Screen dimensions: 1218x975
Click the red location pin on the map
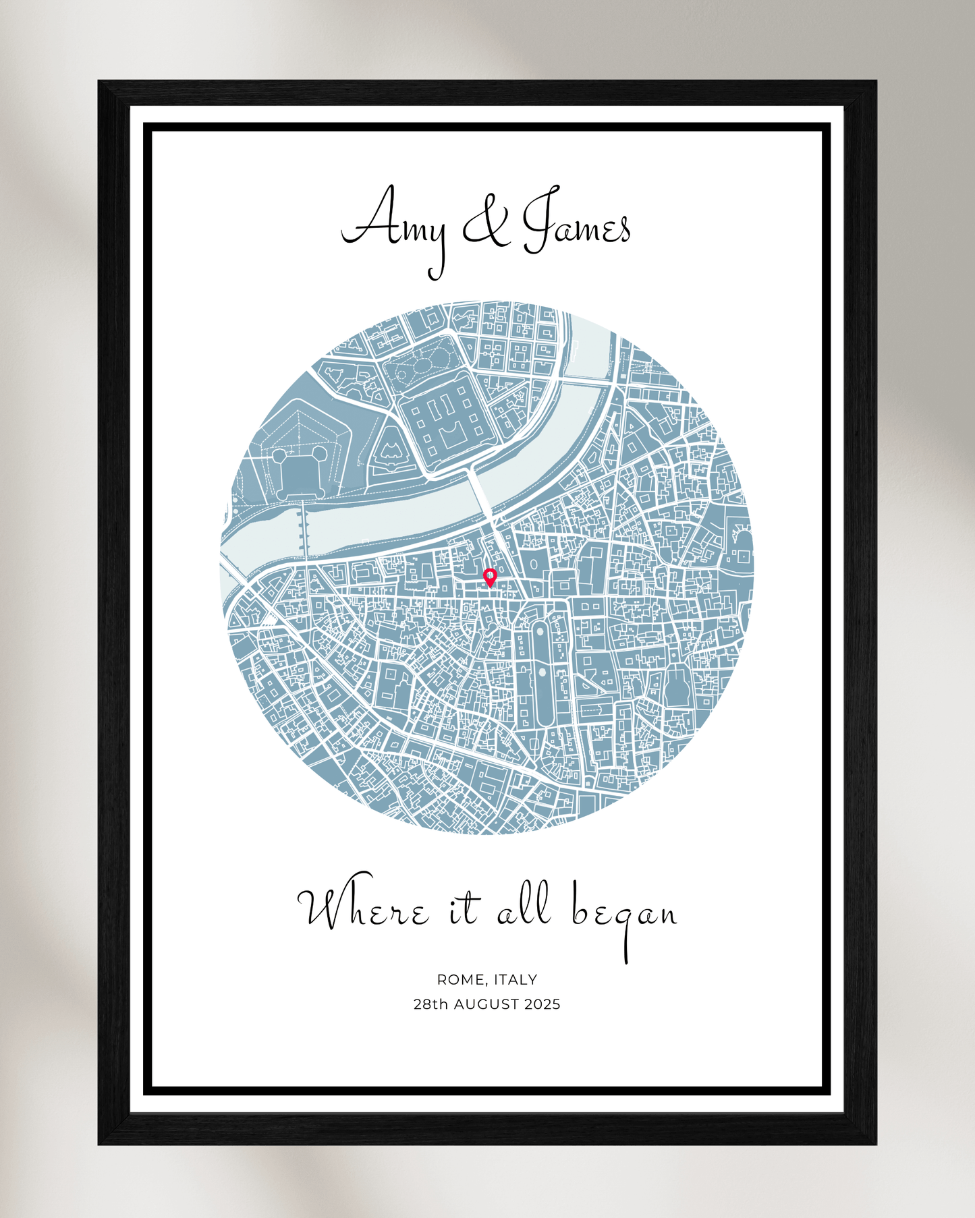tap(490, 577)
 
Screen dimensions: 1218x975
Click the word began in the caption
tap(624, 914)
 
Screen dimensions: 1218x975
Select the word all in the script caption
tap(525, 907)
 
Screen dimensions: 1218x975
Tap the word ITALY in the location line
tap(516, 979)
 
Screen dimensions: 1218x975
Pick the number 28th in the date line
tap(430, 1004)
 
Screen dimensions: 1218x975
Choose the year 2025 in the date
tap(542, 1004)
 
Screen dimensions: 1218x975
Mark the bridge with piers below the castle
tap(302, 529)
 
